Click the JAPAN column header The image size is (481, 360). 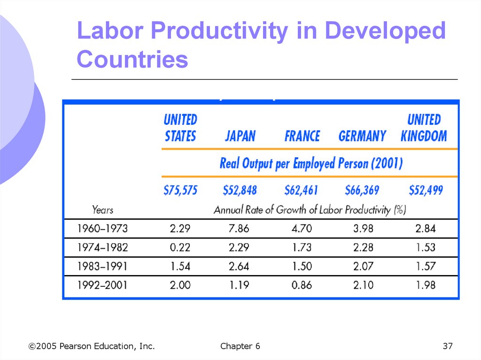[x=240, y=137]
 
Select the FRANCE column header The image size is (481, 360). [x=302, y=137]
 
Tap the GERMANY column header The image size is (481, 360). [x=362, y=137]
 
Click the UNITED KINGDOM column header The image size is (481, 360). [x=424, y=128]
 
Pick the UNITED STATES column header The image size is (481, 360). [x=180, y=128]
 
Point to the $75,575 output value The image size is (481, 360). [x=180, y=190]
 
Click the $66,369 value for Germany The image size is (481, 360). [x=362, y=190]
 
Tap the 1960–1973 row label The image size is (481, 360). [x=102, y=229]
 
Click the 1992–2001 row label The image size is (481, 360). [x=102, y=285]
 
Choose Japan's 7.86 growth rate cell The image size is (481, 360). [x=240, y=229]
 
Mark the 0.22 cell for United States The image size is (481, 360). [x=180, y=247]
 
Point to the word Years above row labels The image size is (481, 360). [x=102, y=210]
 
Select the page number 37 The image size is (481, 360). [x=447, y=346]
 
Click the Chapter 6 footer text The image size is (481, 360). [x=240, y=346]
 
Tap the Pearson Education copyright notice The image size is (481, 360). [x=91, y=346]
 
